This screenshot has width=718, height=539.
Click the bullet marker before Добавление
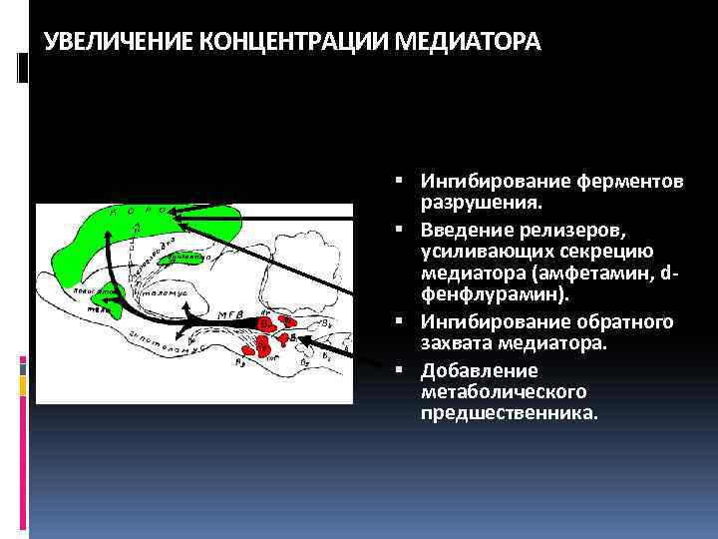398,370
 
